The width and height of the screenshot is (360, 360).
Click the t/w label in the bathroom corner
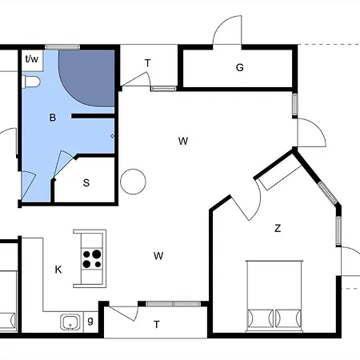pos(32,59)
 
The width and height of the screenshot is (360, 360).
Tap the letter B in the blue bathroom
pos(53,118)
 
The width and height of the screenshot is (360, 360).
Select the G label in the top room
pos(239,68)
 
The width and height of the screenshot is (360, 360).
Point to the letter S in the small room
pos(86,183)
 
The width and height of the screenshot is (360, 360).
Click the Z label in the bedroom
pos(278,229)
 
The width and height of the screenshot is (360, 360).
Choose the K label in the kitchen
pos(58,270)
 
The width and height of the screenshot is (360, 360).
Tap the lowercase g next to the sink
pos(90,321)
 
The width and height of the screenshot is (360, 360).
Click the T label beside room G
pos(147,63)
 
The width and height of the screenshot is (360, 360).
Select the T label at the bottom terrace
pos(157,324)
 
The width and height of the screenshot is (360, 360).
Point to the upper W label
pos(183,142)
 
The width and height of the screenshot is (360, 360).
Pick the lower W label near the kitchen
pos(158,256)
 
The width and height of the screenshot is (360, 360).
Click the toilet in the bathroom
pos(33,82)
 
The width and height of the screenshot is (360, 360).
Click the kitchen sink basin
pos(70,322)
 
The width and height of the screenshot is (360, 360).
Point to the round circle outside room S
pos(133,181)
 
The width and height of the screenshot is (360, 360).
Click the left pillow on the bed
pos(260,317)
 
